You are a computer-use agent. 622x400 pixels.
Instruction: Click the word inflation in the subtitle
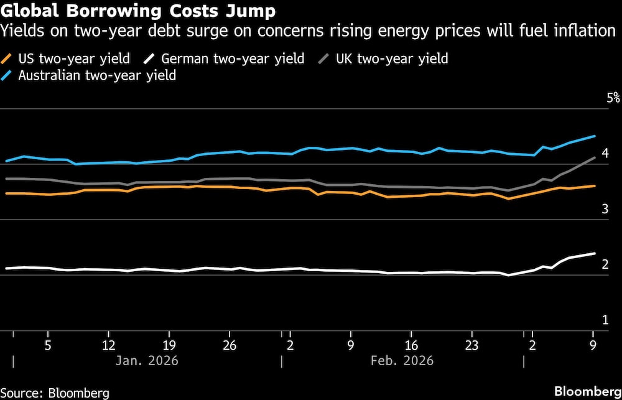click(x=581, y=30)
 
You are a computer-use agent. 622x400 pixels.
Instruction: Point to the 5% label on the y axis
click(x=596, y=98)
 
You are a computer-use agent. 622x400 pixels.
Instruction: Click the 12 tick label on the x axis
click(x=109, y=346)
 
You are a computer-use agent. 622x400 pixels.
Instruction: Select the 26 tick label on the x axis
click(x=230, y=346)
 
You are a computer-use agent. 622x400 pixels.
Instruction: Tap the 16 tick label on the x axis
click(x=411, y=346)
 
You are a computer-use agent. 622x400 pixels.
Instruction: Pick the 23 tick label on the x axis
click(x=471, y=346)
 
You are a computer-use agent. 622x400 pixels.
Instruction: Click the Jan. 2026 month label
click(x=147, y=361)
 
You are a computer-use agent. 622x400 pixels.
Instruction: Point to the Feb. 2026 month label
click(x=402, y=361)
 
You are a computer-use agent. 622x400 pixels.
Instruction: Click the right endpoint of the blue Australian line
click(x=595, y=136)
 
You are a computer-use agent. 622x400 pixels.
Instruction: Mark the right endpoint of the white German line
click(x=595, y=253)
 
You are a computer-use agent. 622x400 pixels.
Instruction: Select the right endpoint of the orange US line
click(x=595, y=186)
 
